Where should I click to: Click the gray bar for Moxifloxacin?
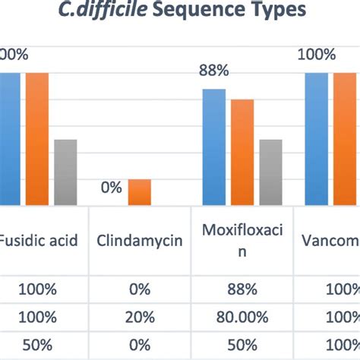point(270,172)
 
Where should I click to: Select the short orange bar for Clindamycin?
point(139,191)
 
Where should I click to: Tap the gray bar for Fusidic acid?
point(65,172)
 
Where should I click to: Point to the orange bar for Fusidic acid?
point(37,138)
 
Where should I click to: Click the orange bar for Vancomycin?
point(344,138)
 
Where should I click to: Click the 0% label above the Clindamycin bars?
point(111,187)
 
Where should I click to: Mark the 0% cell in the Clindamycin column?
point(140,290)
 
